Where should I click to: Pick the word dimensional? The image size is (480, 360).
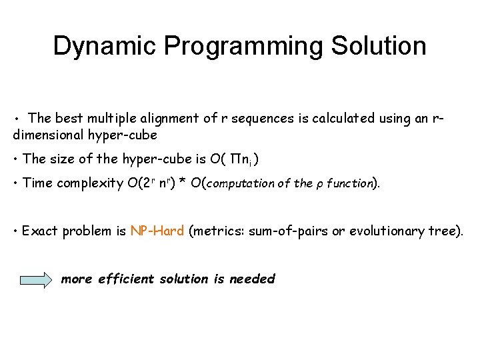[x=49, y=135]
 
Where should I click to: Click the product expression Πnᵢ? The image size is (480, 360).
[x=239, y=159]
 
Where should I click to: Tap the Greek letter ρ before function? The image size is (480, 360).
[x=321, y=184]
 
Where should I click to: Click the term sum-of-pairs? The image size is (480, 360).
[x=288, y=231]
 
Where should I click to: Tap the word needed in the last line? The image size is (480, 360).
[x=252, y=279]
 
